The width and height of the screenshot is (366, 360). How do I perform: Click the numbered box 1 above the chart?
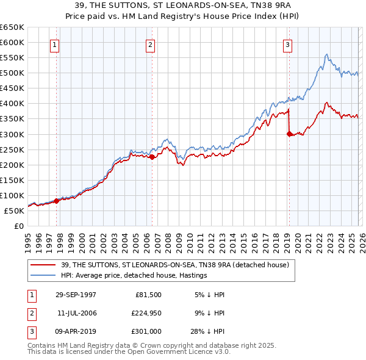[55, 44]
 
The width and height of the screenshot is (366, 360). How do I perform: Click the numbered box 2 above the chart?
[150, 44]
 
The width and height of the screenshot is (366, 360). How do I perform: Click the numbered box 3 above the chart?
[287, 44]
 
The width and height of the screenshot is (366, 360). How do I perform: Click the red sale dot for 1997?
[57, 200]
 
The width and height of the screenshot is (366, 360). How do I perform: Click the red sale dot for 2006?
[151, 157]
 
